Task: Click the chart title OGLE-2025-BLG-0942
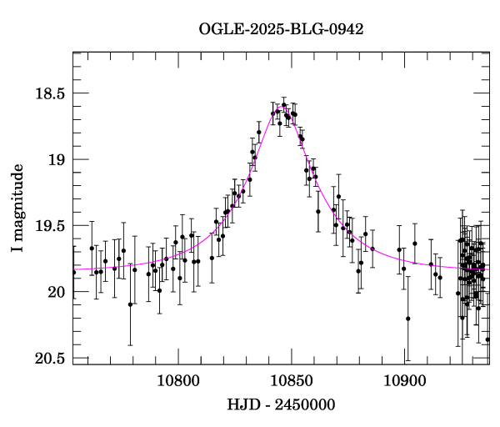pos(281,29)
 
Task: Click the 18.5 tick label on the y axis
pos(47,93)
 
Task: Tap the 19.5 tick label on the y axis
pos(47,225)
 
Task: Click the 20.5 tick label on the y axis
pos(47,358)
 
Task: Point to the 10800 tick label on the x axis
pos(179,381)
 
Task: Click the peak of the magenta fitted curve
pos(285,108)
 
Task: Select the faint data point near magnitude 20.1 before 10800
pos(130,304)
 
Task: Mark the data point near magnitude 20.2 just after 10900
pos(408,319)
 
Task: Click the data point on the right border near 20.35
pos(487,339)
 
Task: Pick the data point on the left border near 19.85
pos(73,272)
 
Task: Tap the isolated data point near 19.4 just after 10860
pos(317,211)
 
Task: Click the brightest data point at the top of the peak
pos(284,105)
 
